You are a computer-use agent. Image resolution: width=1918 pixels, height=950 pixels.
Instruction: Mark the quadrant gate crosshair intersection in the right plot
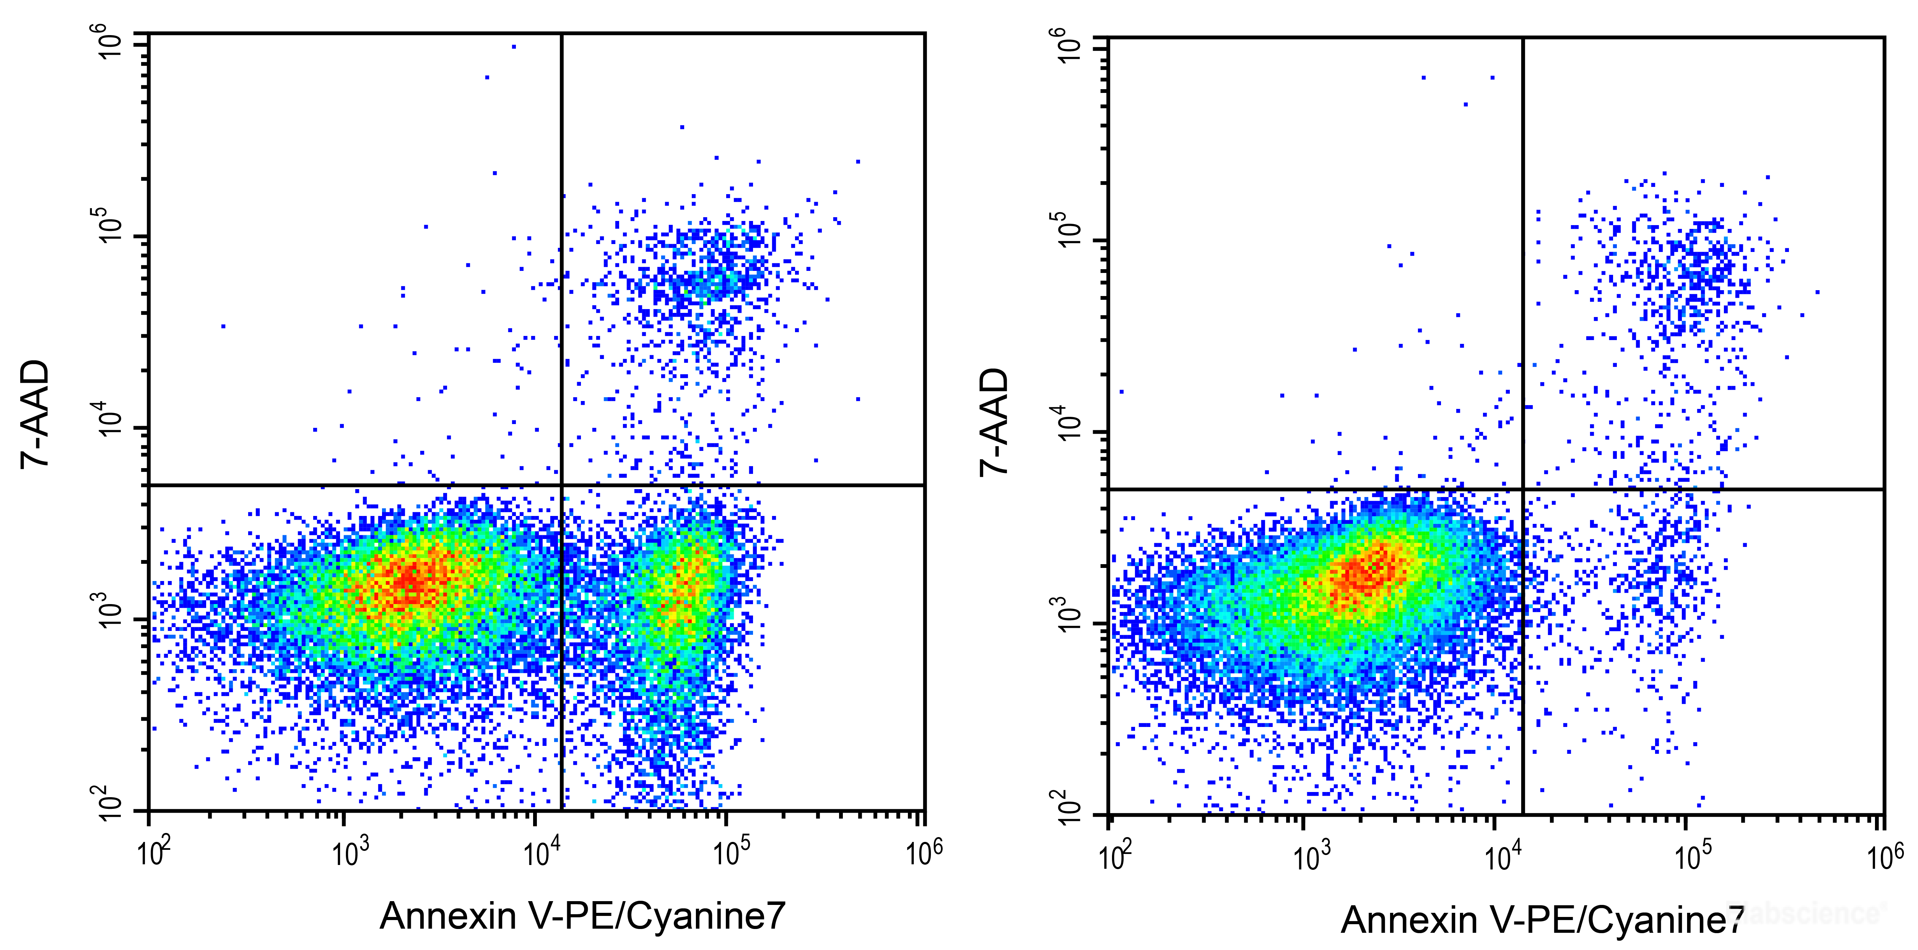click(x=1523, y=489)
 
